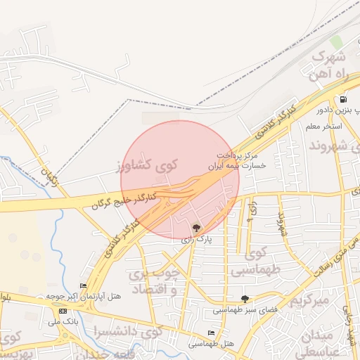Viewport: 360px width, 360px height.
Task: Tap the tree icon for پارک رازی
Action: [x=196, y=227]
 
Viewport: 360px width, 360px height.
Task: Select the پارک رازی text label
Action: [x=196, y=240]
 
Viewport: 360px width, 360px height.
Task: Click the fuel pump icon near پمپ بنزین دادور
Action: [x=343, y=99]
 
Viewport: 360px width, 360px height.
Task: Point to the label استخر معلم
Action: [x=323, y=127]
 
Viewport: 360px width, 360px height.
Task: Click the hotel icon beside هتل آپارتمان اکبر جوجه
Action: [x=83, y=285]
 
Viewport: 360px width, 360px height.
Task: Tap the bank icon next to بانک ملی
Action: [x=64, y=311]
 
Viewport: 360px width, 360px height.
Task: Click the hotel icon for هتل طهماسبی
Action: [x=211, y=333]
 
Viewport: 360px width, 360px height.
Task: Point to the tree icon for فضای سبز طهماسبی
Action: [x=245, y=299]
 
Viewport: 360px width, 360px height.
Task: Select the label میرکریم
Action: [x=309, y=301]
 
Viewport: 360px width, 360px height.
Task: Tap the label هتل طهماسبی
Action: [x=211, y=345]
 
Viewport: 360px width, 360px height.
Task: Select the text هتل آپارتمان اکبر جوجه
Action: [x=89, y=296]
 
